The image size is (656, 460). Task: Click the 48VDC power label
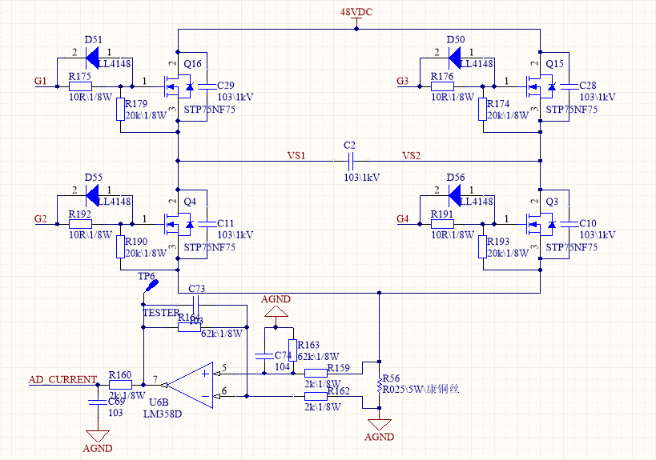click(356, 14)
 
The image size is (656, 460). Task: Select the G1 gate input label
click(41, 81)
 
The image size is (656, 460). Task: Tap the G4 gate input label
click(403, 218)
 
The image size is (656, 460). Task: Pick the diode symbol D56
click(456, 194)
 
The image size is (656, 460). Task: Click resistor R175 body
click(80, 86)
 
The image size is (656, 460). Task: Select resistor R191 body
click(442, 224)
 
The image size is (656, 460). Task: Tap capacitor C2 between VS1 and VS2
click(349, 161)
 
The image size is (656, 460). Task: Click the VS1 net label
click(296, 155)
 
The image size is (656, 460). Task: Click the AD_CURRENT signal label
click(62, 379)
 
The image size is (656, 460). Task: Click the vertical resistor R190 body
click(121, 246)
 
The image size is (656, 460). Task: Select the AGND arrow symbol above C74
click(276, 310)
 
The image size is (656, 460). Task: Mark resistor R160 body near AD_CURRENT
click(120, 385)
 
